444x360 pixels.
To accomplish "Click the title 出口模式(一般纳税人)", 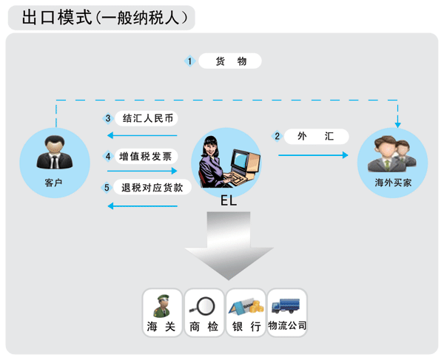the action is pos(104,18).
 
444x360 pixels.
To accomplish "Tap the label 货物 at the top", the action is pos(231,61).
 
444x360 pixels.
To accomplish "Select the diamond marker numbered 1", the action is pos(189,61).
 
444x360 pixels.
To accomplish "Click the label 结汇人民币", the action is pos(147,118).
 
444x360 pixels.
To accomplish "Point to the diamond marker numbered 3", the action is pos(108,118).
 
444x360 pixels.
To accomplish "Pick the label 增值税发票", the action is pos(145,157).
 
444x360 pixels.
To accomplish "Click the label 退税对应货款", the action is pos(152,188).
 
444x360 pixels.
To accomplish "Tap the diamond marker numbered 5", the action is pos(107,188).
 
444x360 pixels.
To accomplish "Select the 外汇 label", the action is pos(315,136).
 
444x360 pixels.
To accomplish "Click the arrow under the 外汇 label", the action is pos(313,155).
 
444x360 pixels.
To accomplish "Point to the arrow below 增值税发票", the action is pos(142,171).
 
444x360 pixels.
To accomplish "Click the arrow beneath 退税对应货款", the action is pos(142,206).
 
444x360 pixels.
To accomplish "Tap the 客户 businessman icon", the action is pos(54,152).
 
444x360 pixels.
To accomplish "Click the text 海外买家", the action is pos(393,183).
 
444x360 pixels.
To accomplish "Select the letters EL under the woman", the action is pos(229,201).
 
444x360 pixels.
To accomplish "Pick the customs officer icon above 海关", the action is pos(162,306).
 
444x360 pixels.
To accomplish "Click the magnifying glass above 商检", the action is pos(203,306).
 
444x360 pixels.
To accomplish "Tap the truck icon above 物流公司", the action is pos(286,306).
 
